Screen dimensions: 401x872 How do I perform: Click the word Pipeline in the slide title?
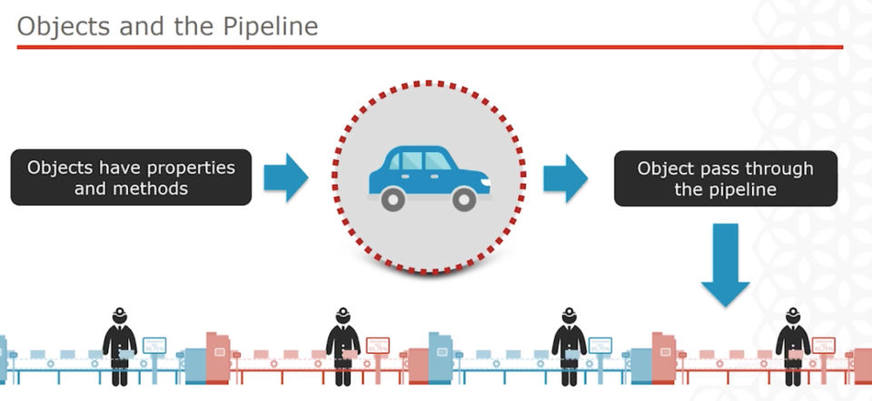(x=271, y=26)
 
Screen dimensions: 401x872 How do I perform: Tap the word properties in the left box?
(x=189, y=168)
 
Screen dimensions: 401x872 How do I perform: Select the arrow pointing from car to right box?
(x=566, y=176)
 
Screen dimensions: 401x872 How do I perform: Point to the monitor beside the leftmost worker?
(x=155, y=346)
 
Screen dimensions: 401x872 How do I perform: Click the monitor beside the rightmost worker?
(x=823, y=346)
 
